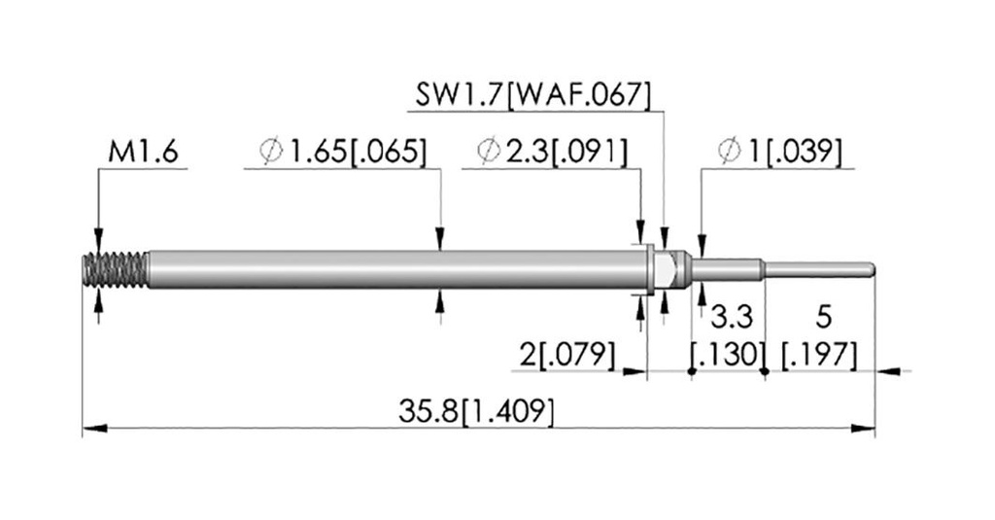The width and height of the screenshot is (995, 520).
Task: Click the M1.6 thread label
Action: pyautogui.click(x=144, y=153)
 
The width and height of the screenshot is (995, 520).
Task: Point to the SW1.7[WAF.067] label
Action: pyautogui.click(x=533, y=95)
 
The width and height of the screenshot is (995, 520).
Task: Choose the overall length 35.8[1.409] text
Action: pyautogui.click(x=476, y=411)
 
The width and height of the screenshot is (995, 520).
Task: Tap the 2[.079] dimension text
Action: pyautogui.click(x=567, y=355)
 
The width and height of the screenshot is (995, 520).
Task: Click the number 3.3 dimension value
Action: pyautogui.click(x=731, y=317)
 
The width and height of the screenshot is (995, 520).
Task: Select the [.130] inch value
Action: pyautogui.click(x=726, y=355)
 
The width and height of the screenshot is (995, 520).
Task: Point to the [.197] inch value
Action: pyautogui.click(x=819, y=355)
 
